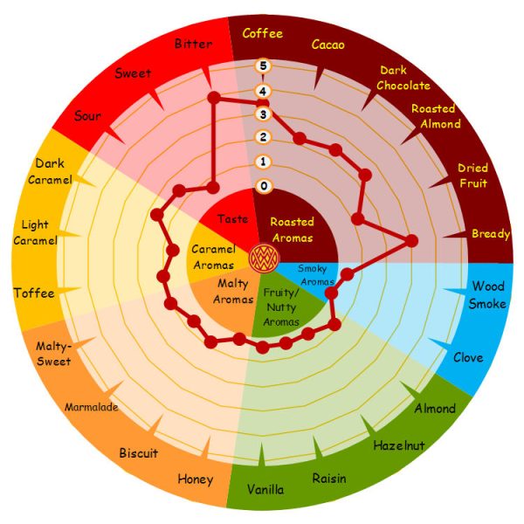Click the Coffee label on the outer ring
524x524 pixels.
[262, 34]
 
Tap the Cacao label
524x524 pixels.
[327, 44]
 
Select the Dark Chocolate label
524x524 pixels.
[404, 78]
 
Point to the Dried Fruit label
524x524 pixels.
[472, 175]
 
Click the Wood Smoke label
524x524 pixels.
[487, 295]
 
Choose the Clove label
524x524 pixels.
[468, 357]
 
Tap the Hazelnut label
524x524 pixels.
[398, 445]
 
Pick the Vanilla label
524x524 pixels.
[265, 489]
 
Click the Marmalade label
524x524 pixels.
[91, 407]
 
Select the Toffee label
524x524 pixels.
[34, 293]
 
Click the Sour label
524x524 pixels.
[87, 116]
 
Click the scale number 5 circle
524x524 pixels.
[263, 65]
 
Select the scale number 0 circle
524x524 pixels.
[263, 186]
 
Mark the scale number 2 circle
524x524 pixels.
[263, 137]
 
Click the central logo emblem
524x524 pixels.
[262, 257]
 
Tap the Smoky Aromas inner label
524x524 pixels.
[318, 275]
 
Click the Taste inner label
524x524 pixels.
[232, 218]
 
